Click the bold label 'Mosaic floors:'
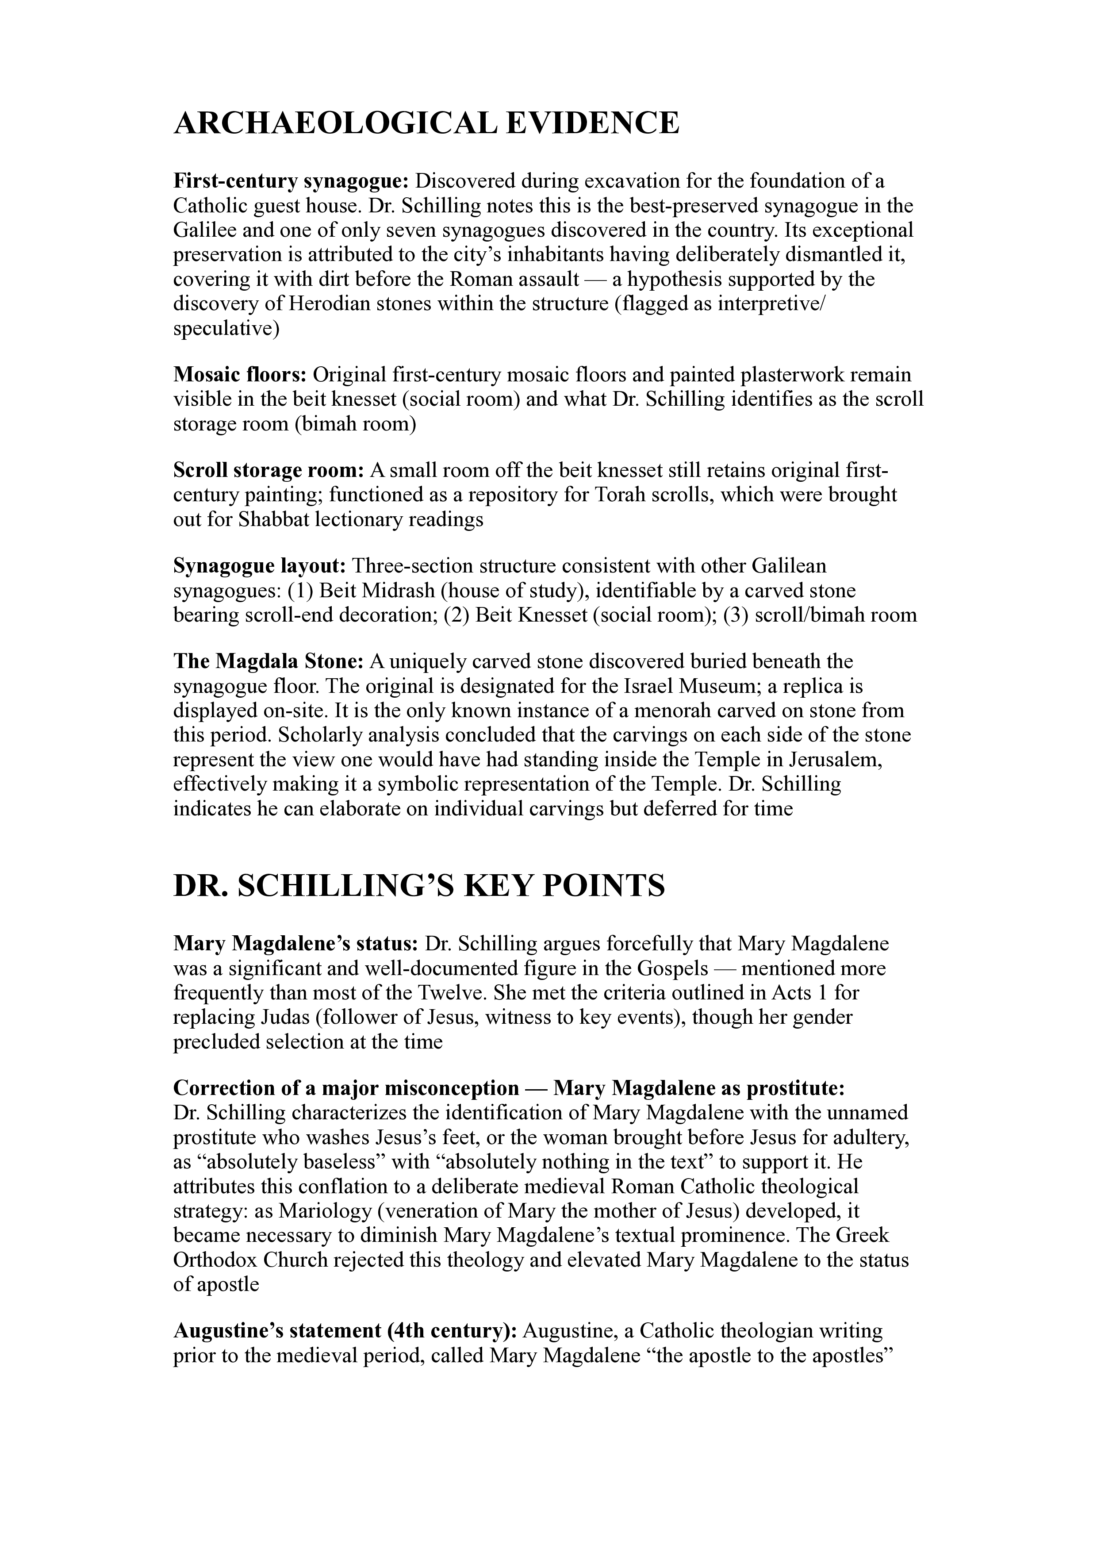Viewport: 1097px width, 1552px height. point(241,374)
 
